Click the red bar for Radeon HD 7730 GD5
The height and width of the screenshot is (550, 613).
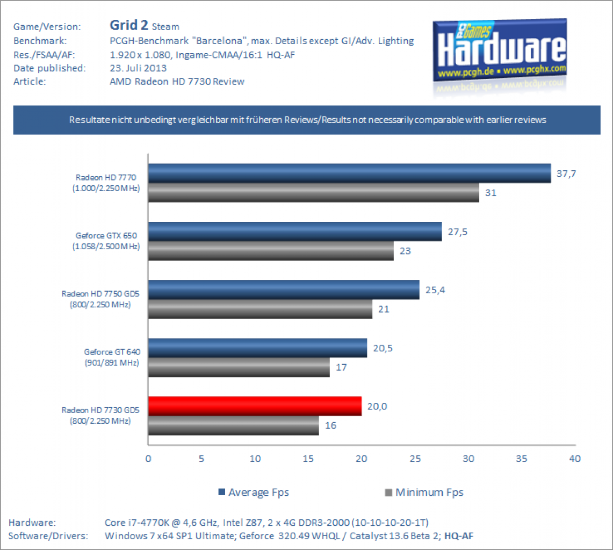255,406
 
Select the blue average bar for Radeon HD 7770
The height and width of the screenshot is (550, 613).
350,173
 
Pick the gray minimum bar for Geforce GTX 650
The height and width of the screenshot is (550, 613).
271,251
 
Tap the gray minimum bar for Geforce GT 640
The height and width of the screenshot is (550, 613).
239,367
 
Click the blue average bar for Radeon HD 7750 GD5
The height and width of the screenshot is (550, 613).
284,290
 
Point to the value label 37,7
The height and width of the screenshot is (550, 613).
566,173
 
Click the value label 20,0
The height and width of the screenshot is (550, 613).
377,407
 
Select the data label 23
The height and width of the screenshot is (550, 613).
405,251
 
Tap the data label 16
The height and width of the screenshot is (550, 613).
330,425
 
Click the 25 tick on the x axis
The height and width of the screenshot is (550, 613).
415,459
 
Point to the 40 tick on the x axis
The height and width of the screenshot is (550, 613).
575,459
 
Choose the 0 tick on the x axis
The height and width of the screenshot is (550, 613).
148,459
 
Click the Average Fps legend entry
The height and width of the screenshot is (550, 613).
254,492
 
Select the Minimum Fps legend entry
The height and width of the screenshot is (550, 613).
424,492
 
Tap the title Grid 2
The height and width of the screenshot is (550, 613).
128,25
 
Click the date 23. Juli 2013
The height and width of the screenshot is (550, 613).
138,68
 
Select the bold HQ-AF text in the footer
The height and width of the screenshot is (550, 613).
459,536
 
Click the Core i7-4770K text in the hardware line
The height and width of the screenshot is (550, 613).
136,523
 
